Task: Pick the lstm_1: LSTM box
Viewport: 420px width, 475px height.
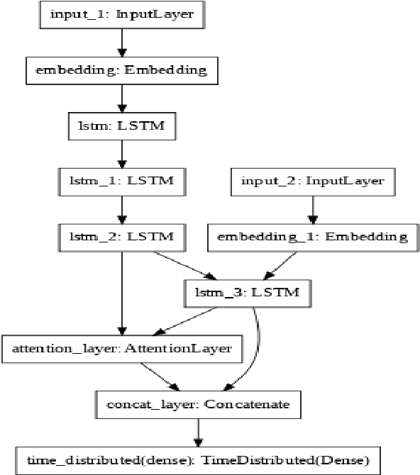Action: click(123, 181)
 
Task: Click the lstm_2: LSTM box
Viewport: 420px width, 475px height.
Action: click(123, 236)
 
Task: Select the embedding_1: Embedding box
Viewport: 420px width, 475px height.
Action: click(309, 236)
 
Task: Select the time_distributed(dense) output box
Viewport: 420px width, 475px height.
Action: click(198, 459)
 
